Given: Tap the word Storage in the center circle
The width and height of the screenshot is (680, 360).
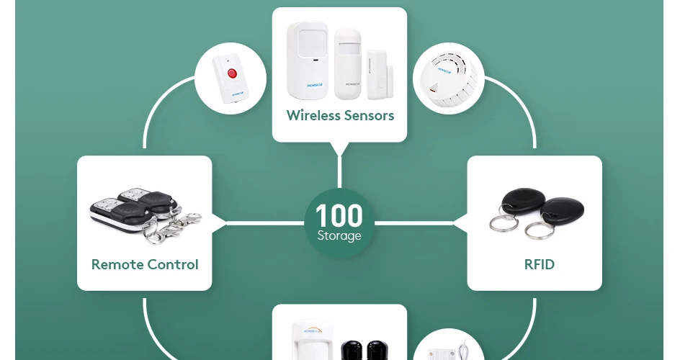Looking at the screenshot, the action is (339, 235).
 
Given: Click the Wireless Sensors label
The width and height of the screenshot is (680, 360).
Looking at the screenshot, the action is (340, 115).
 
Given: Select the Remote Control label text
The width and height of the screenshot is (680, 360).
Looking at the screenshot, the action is (145, 264).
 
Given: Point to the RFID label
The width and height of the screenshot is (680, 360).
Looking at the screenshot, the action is (540, 264).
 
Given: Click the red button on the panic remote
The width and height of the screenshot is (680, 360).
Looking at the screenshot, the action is (232, 73).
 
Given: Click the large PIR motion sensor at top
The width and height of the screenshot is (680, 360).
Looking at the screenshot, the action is (308, 60).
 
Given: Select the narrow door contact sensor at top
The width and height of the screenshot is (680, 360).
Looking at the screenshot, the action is (377, 74).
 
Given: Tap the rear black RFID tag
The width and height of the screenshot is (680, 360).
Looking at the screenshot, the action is (519, 202).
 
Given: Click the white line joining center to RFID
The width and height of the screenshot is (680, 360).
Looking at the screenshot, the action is (418, 222).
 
